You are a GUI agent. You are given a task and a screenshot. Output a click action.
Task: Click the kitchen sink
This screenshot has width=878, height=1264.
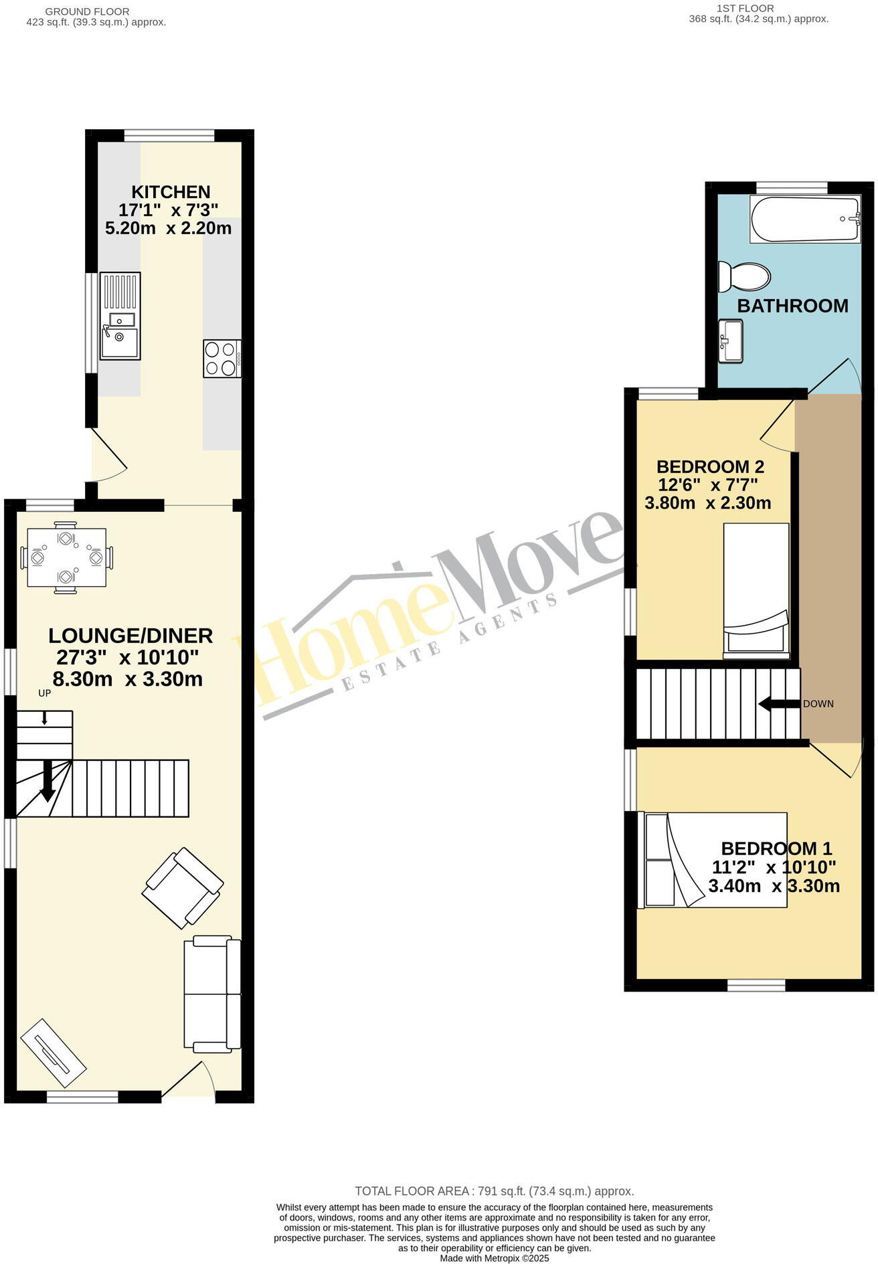(x=120, y=316)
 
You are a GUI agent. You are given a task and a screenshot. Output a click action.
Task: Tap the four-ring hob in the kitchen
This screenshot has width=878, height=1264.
(x=222, y=359)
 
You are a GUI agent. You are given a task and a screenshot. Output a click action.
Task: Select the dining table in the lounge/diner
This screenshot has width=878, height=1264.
(x=66, y=557)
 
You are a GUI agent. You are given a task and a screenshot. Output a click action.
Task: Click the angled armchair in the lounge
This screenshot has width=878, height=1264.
(x=183, y=887)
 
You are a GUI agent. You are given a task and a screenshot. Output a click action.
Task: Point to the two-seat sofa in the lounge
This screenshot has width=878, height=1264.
(x=212, y=993)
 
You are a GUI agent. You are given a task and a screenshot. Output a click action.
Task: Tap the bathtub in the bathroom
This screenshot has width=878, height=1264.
(x=804, y=219)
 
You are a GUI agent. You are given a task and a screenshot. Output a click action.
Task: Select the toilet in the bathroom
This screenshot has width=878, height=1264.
(x=744, y=275)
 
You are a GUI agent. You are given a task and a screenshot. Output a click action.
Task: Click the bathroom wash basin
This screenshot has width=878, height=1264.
(x=731, y=341)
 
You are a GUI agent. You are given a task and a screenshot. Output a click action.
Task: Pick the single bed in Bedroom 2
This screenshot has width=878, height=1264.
(x=756, y=588)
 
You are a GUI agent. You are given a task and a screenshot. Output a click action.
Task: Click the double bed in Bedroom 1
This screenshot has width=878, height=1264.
(x=713, y=860)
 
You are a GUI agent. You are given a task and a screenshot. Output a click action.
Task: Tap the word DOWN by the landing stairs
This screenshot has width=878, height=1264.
(x=818, y=704)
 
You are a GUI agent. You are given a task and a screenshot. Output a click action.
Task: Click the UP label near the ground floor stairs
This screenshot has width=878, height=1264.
(x=44, y=693)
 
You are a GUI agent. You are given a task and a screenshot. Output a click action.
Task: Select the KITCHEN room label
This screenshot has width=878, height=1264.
(x=171, y=192)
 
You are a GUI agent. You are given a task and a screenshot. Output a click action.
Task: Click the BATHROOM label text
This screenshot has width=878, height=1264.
(x=792, y=306)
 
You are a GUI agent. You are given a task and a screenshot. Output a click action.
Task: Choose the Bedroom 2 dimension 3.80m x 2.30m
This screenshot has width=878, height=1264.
(x=707, y=503)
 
